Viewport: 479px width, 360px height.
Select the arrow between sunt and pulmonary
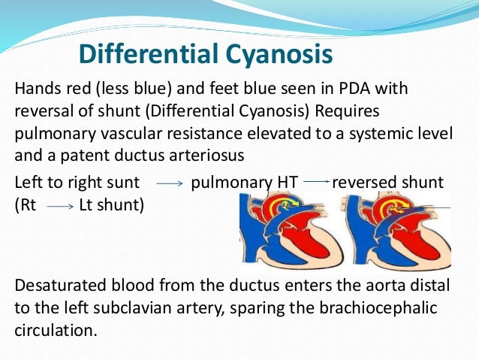tap(170, 184)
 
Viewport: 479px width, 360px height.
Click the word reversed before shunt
tap(365, 183)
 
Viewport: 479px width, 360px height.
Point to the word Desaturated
tap(57, 286)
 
